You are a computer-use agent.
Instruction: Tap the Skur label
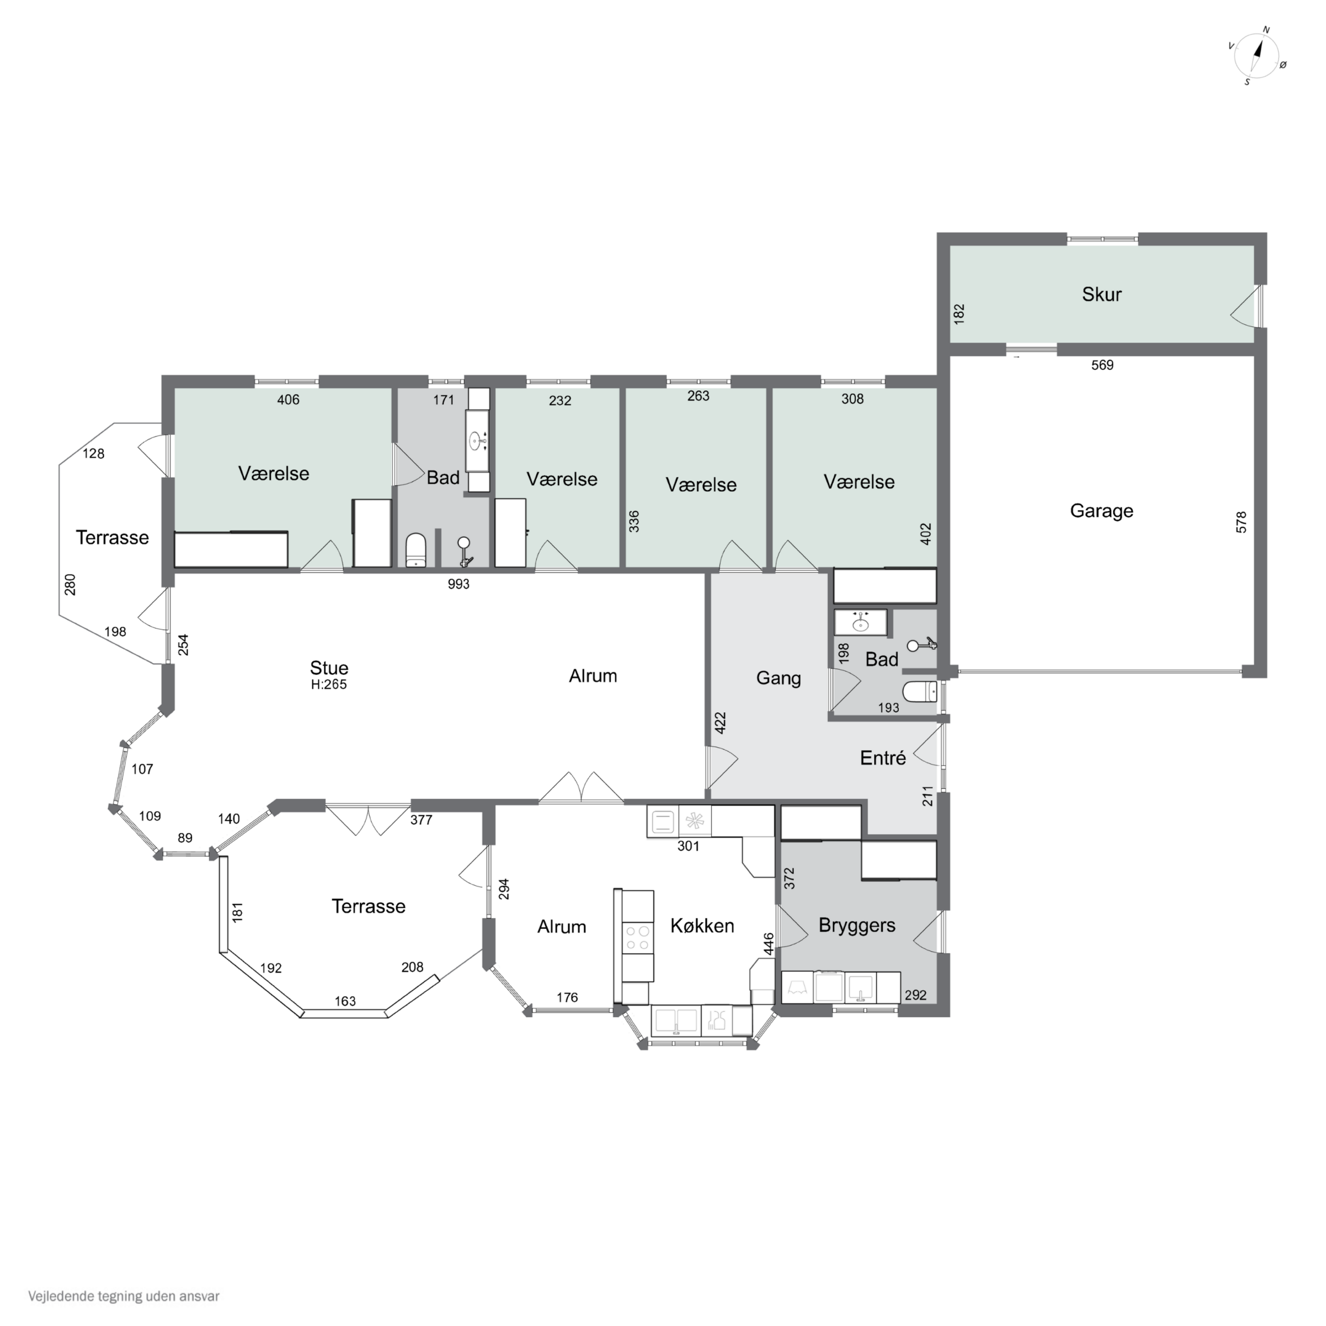tap(1102, 294)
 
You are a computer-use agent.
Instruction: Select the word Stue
tap(329, 668)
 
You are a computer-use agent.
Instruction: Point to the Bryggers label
tap(857, 925)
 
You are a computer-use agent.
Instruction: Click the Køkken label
tap(702, 926)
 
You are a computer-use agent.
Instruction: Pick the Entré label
tap(883, 758)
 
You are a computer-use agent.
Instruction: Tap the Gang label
tap(778, 678)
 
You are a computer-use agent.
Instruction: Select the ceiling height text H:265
tap(329, 684)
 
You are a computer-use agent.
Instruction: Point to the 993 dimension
tap(458, 584)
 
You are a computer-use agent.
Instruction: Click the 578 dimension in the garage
tap(1241, 522)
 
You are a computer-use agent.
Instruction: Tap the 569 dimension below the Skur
tap(1102, 365)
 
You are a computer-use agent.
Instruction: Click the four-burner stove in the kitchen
tap(637, 938)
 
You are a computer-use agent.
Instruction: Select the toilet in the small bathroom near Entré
tap(920, 692)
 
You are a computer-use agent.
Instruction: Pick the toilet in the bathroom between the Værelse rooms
tap(416, 550)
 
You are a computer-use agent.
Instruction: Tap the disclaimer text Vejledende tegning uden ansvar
tap(123, 1296)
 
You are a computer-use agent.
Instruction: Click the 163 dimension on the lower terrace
tap(345, 1001)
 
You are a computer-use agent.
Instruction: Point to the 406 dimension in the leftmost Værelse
tap(288, 399)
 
